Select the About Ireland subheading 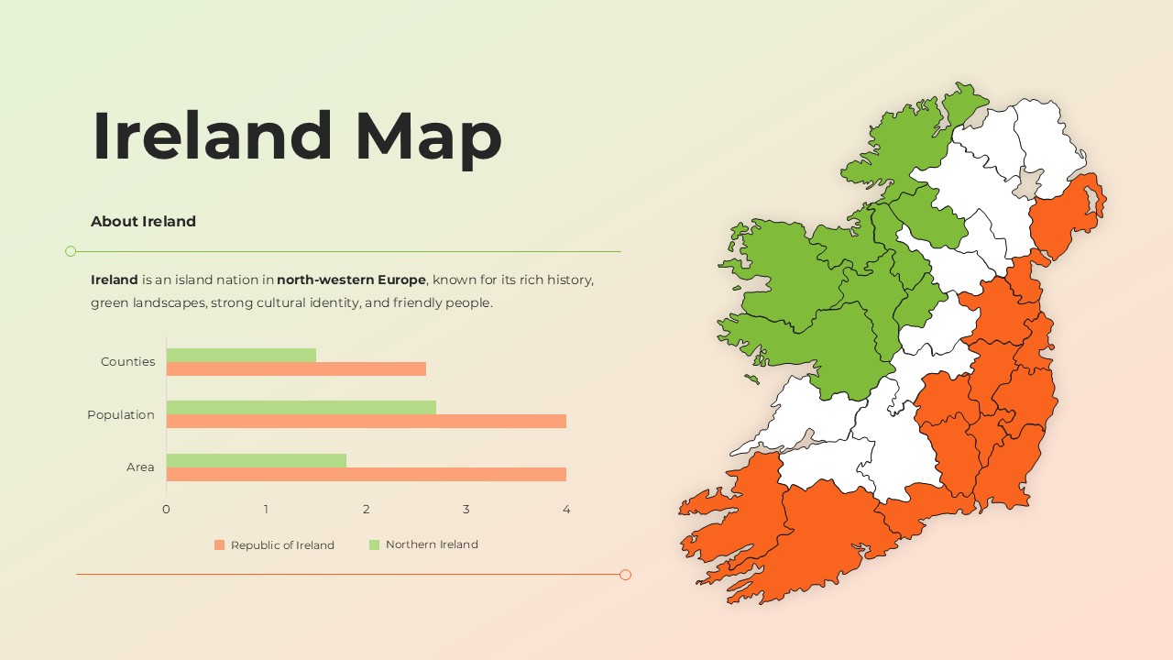(143, 221)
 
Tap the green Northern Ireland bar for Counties (241, 355)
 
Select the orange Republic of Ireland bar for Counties (296, 368)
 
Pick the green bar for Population (301, 407)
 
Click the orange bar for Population (366, 421)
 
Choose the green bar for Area (256, 460)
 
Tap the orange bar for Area (366, 474)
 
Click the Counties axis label (127, 362)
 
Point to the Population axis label (121, 414)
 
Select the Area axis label (140, 467)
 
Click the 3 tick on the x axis (466, 510)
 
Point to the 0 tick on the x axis (166, 510)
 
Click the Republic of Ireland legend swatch (219, 544)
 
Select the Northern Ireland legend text (432, 544)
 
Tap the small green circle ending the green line (71, 251)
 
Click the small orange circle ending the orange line (625, 575)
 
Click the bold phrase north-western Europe (351, 280)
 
